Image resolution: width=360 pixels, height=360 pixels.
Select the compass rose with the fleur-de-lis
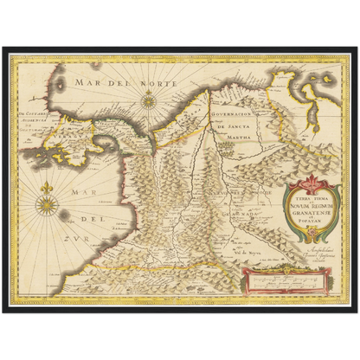pyautogui.click(x=48, y=204)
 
